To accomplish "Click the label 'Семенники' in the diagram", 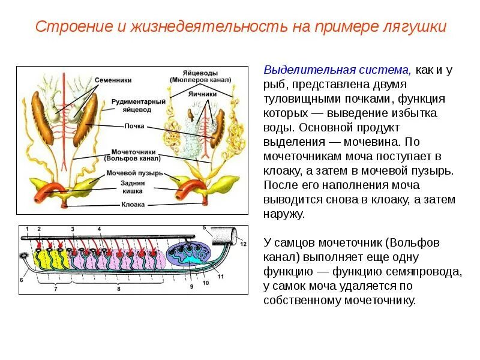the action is (x=113, y=80).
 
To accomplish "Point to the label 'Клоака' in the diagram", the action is (x=133, y=204).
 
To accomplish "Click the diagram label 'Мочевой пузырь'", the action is (x=132, y=173).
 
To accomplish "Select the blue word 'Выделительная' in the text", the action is (x=307, y=70).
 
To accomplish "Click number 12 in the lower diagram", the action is (x=242, y=244).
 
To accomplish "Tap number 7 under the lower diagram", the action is (x=55, y=288).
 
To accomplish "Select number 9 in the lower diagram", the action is (x=191, y=287).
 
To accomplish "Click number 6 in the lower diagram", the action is (x=21, y=280).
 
